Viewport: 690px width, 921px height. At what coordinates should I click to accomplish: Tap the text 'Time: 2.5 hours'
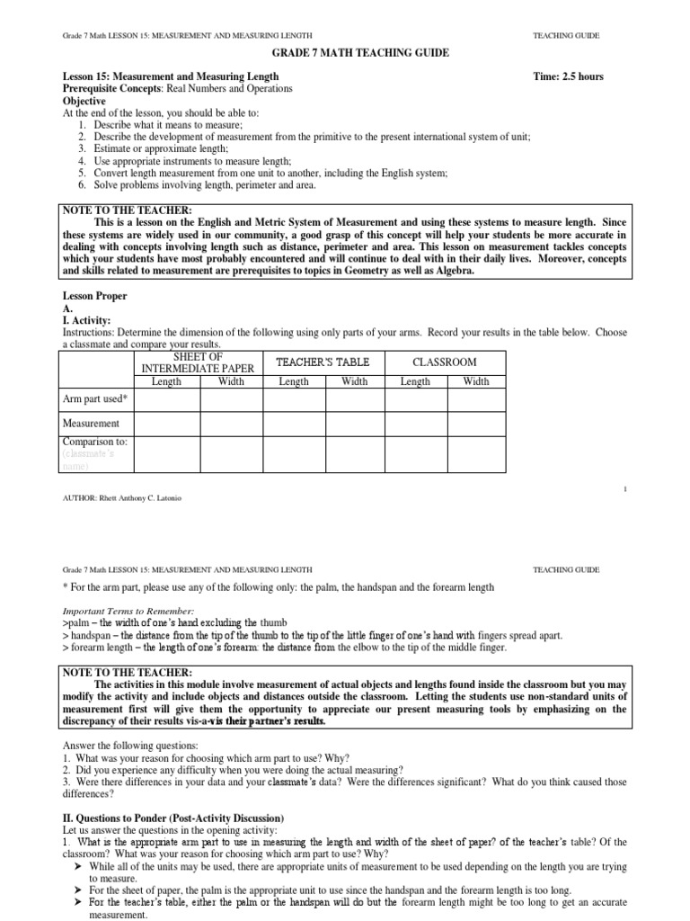[568, 76]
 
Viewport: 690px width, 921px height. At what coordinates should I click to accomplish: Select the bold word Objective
[84, 102]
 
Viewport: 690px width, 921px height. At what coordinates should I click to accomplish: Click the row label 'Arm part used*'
[94, 398]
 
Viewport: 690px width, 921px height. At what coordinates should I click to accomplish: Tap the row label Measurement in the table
[91, 423]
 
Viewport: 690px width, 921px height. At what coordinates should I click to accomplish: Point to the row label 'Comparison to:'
[94, 442]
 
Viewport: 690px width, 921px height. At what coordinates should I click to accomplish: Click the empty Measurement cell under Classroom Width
[476, 423]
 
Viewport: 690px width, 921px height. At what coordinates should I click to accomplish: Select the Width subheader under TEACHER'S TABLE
[354, 381]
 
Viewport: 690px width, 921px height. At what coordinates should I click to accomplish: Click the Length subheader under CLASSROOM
[415, 381]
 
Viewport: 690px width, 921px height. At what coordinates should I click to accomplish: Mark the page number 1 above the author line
[624, 488]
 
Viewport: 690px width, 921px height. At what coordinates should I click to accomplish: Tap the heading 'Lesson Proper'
[94, 296]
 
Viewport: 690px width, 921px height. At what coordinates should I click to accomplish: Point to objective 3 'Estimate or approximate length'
[156, 148]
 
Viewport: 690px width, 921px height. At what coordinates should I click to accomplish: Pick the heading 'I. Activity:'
[86, 320]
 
